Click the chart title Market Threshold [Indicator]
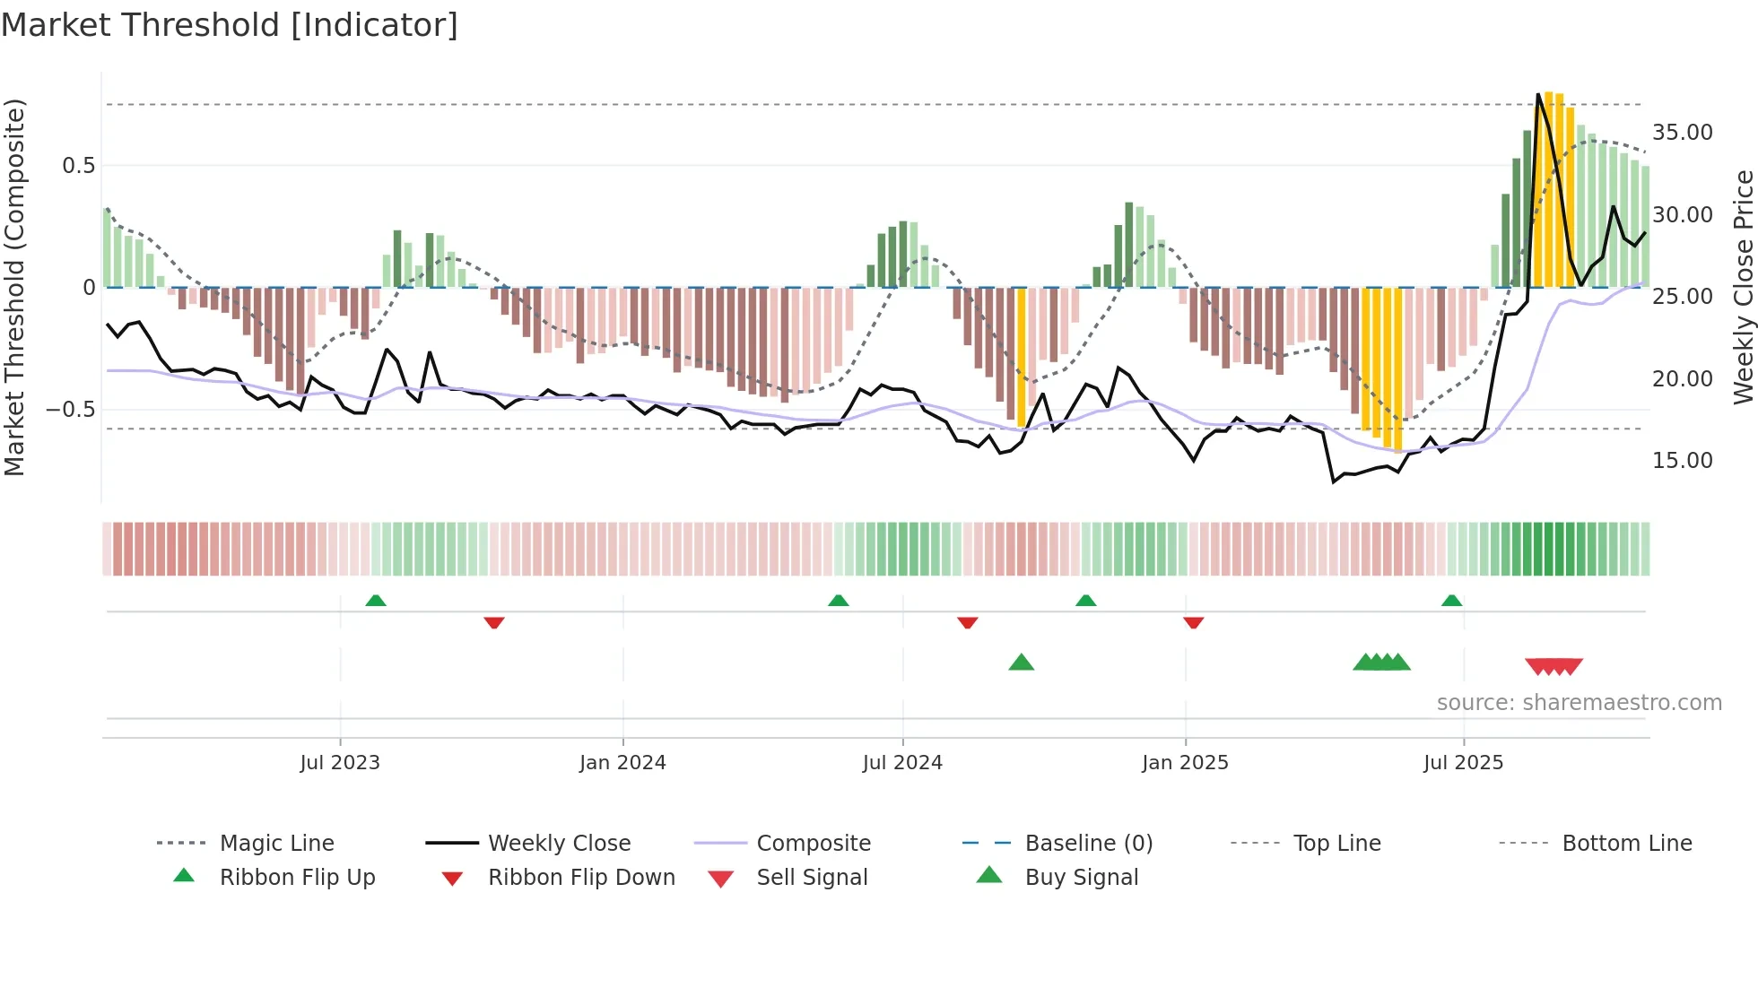click(230, 25)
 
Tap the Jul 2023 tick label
click(340, 763)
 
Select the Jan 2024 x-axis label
click(622, 763)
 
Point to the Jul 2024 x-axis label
click(902, 763)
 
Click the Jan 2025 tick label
click(1185, 763)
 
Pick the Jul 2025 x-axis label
click(1463, 763)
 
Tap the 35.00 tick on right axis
click(1682, 133)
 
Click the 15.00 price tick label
click(1682, 461)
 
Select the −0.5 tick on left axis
click(70, 410)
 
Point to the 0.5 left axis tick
click(78, 166)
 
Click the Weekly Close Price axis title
click(1743, 287)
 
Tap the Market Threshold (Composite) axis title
click(15, 287)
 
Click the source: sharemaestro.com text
click(1579, 703)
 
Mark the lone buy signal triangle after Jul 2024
click(1021, 663)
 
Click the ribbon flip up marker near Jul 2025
click(1451, 601)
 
